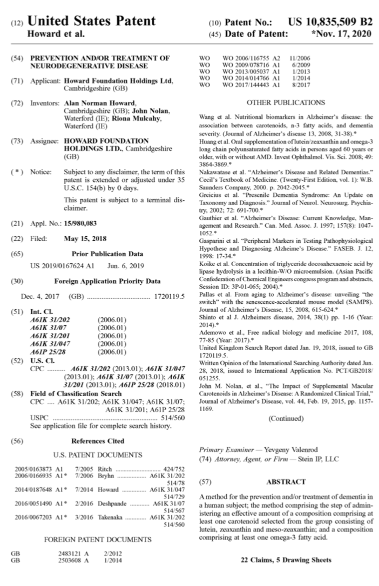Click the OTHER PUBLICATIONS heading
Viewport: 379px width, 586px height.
click(286, 102)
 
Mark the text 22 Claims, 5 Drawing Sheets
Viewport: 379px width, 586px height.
click(286, 560)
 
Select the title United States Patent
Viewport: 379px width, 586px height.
click(91, 22)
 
